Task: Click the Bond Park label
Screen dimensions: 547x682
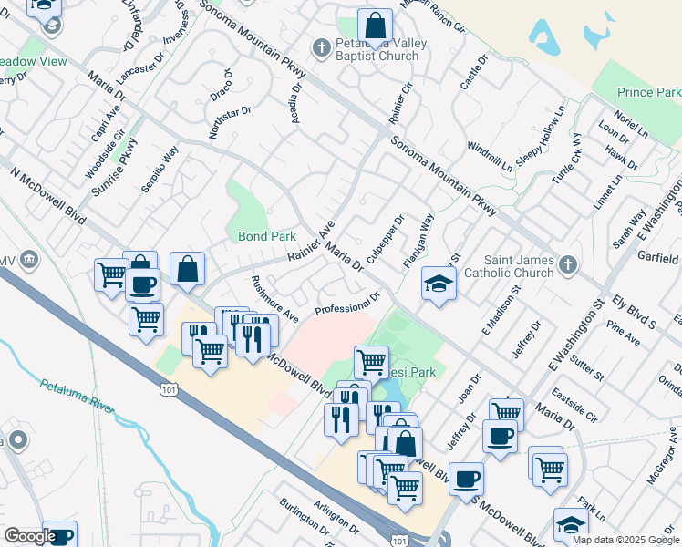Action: point(267,236)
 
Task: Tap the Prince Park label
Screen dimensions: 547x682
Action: point(648,93)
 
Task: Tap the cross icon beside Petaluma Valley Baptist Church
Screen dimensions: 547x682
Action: point(320,46)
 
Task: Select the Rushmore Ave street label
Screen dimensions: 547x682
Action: point(274,299)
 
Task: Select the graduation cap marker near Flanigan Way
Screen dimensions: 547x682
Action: point(439,284)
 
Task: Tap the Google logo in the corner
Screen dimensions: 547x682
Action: point(29,536)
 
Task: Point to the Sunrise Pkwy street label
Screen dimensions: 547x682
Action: point(116,168)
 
